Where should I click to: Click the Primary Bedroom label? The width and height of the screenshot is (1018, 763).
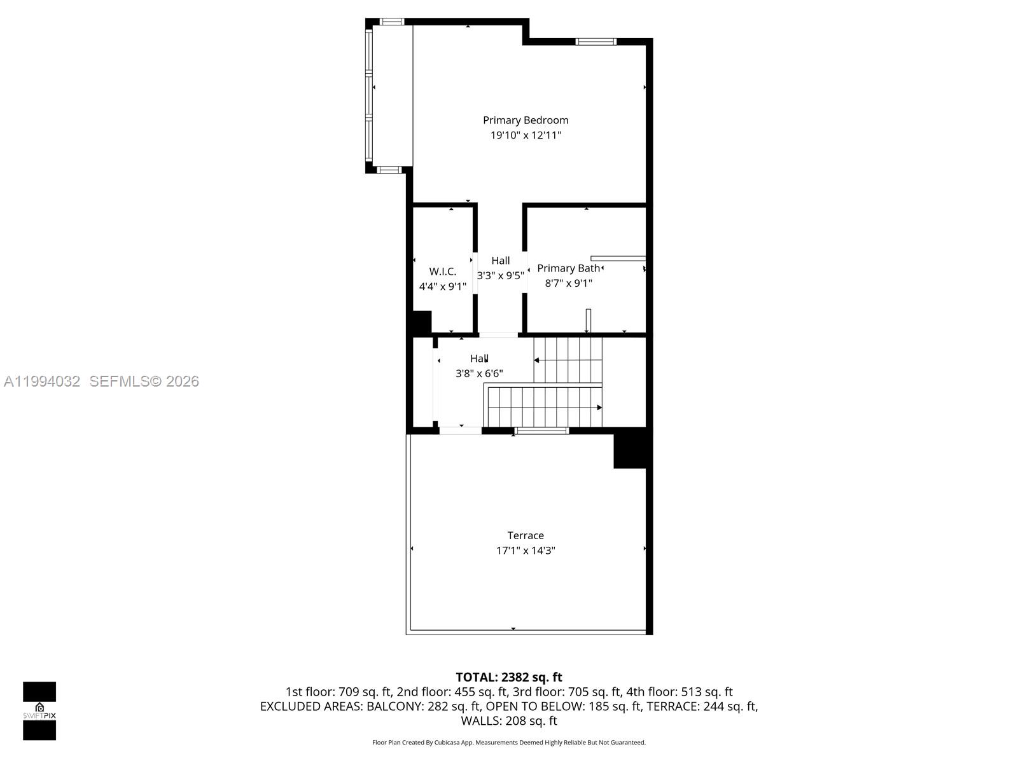pos(526,120)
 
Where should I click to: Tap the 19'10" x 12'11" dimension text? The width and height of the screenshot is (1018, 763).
pos(526,135)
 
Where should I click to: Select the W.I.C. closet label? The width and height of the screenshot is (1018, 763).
pos(442,272)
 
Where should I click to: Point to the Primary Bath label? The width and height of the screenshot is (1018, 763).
pos(568,268)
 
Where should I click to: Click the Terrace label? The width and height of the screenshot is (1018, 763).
pos(526,535)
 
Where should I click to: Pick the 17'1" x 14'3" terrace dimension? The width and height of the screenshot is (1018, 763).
pos(526,551)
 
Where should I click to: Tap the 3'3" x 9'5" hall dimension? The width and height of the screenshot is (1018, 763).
pos(500,276)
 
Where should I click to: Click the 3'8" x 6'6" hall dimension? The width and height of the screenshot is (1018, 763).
pos(479,374)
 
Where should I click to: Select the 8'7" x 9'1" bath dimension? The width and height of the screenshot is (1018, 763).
pos(568,284)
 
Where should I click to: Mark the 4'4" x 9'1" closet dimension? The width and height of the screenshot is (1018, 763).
pos(442,287)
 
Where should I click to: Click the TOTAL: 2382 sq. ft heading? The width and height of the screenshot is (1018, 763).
pos(508,677)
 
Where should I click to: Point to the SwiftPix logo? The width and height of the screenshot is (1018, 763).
pos(39,711)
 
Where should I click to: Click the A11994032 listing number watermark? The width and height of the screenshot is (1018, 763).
pos(42,381)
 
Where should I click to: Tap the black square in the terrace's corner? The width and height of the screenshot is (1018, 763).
pos(629,449)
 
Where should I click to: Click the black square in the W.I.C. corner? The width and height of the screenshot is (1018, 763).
pos(421,322)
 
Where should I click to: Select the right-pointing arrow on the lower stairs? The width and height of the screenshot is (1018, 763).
pos(599,408)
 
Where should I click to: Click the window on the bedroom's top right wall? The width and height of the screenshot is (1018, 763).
pos(596,42)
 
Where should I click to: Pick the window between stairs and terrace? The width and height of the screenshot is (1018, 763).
pos(541,431)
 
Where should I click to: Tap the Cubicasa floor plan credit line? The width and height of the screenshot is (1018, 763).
pos(508,743)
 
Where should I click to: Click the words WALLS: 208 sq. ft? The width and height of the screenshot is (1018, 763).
pos(508,721)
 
